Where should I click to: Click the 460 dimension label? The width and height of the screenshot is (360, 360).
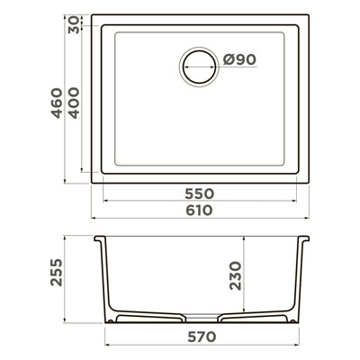coord(57,103)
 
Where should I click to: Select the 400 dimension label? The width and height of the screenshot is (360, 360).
coord(73,103)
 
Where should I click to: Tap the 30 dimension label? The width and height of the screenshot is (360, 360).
coord(73,25)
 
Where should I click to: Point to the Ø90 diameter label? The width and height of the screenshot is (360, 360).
coord(239,59)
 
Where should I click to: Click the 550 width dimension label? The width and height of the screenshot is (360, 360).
coord(199,193)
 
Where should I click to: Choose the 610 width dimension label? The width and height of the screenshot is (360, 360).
coord(199,211)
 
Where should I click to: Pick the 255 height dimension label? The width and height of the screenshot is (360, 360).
coord(57,273)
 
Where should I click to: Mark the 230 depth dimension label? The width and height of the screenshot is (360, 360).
coord(236,275)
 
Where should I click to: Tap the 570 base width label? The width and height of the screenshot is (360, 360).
coord(202,337)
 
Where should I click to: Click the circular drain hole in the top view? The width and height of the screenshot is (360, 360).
coord(199,67)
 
